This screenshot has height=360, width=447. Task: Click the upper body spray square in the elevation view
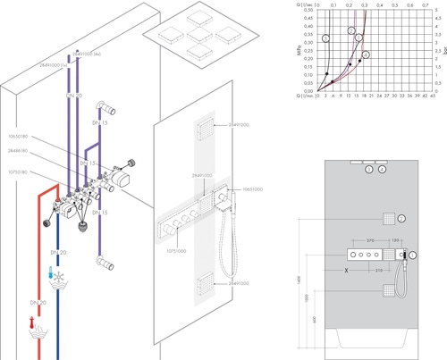(x=388, y=218)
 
